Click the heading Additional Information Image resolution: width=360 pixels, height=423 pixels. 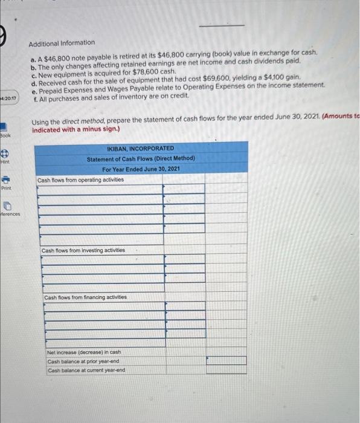coord(62,42)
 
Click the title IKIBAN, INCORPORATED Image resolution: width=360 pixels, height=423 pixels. coord(140,148)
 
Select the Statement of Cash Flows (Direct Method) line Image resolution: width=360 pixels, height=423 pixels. coord(140,158)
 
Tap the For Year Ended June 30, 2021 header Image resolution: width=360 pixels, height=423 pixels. coord(140,169)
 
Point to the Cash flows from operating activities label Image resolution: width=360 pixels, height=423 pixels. coord(80,179)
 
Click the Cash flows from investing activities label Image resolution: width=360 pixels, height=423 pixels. coord(83,250)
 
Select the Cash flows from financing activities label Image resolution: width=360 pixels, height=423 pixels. coord(85,297)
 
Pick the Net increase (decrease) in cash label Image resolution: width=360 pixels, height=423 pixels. coord(84,352)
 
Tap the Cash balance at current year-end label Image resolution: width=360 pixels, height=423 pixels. coord(86,370)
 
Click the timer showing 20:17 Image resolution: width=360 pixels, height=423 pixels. coord(10,97)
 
